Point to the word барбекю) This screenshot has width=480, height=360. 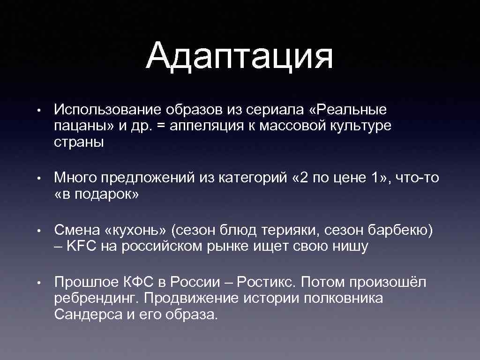[402, 230]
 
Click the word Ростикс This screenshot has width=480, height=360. [267, 282]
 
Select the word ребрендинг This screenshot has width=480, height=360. [97, 299]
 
